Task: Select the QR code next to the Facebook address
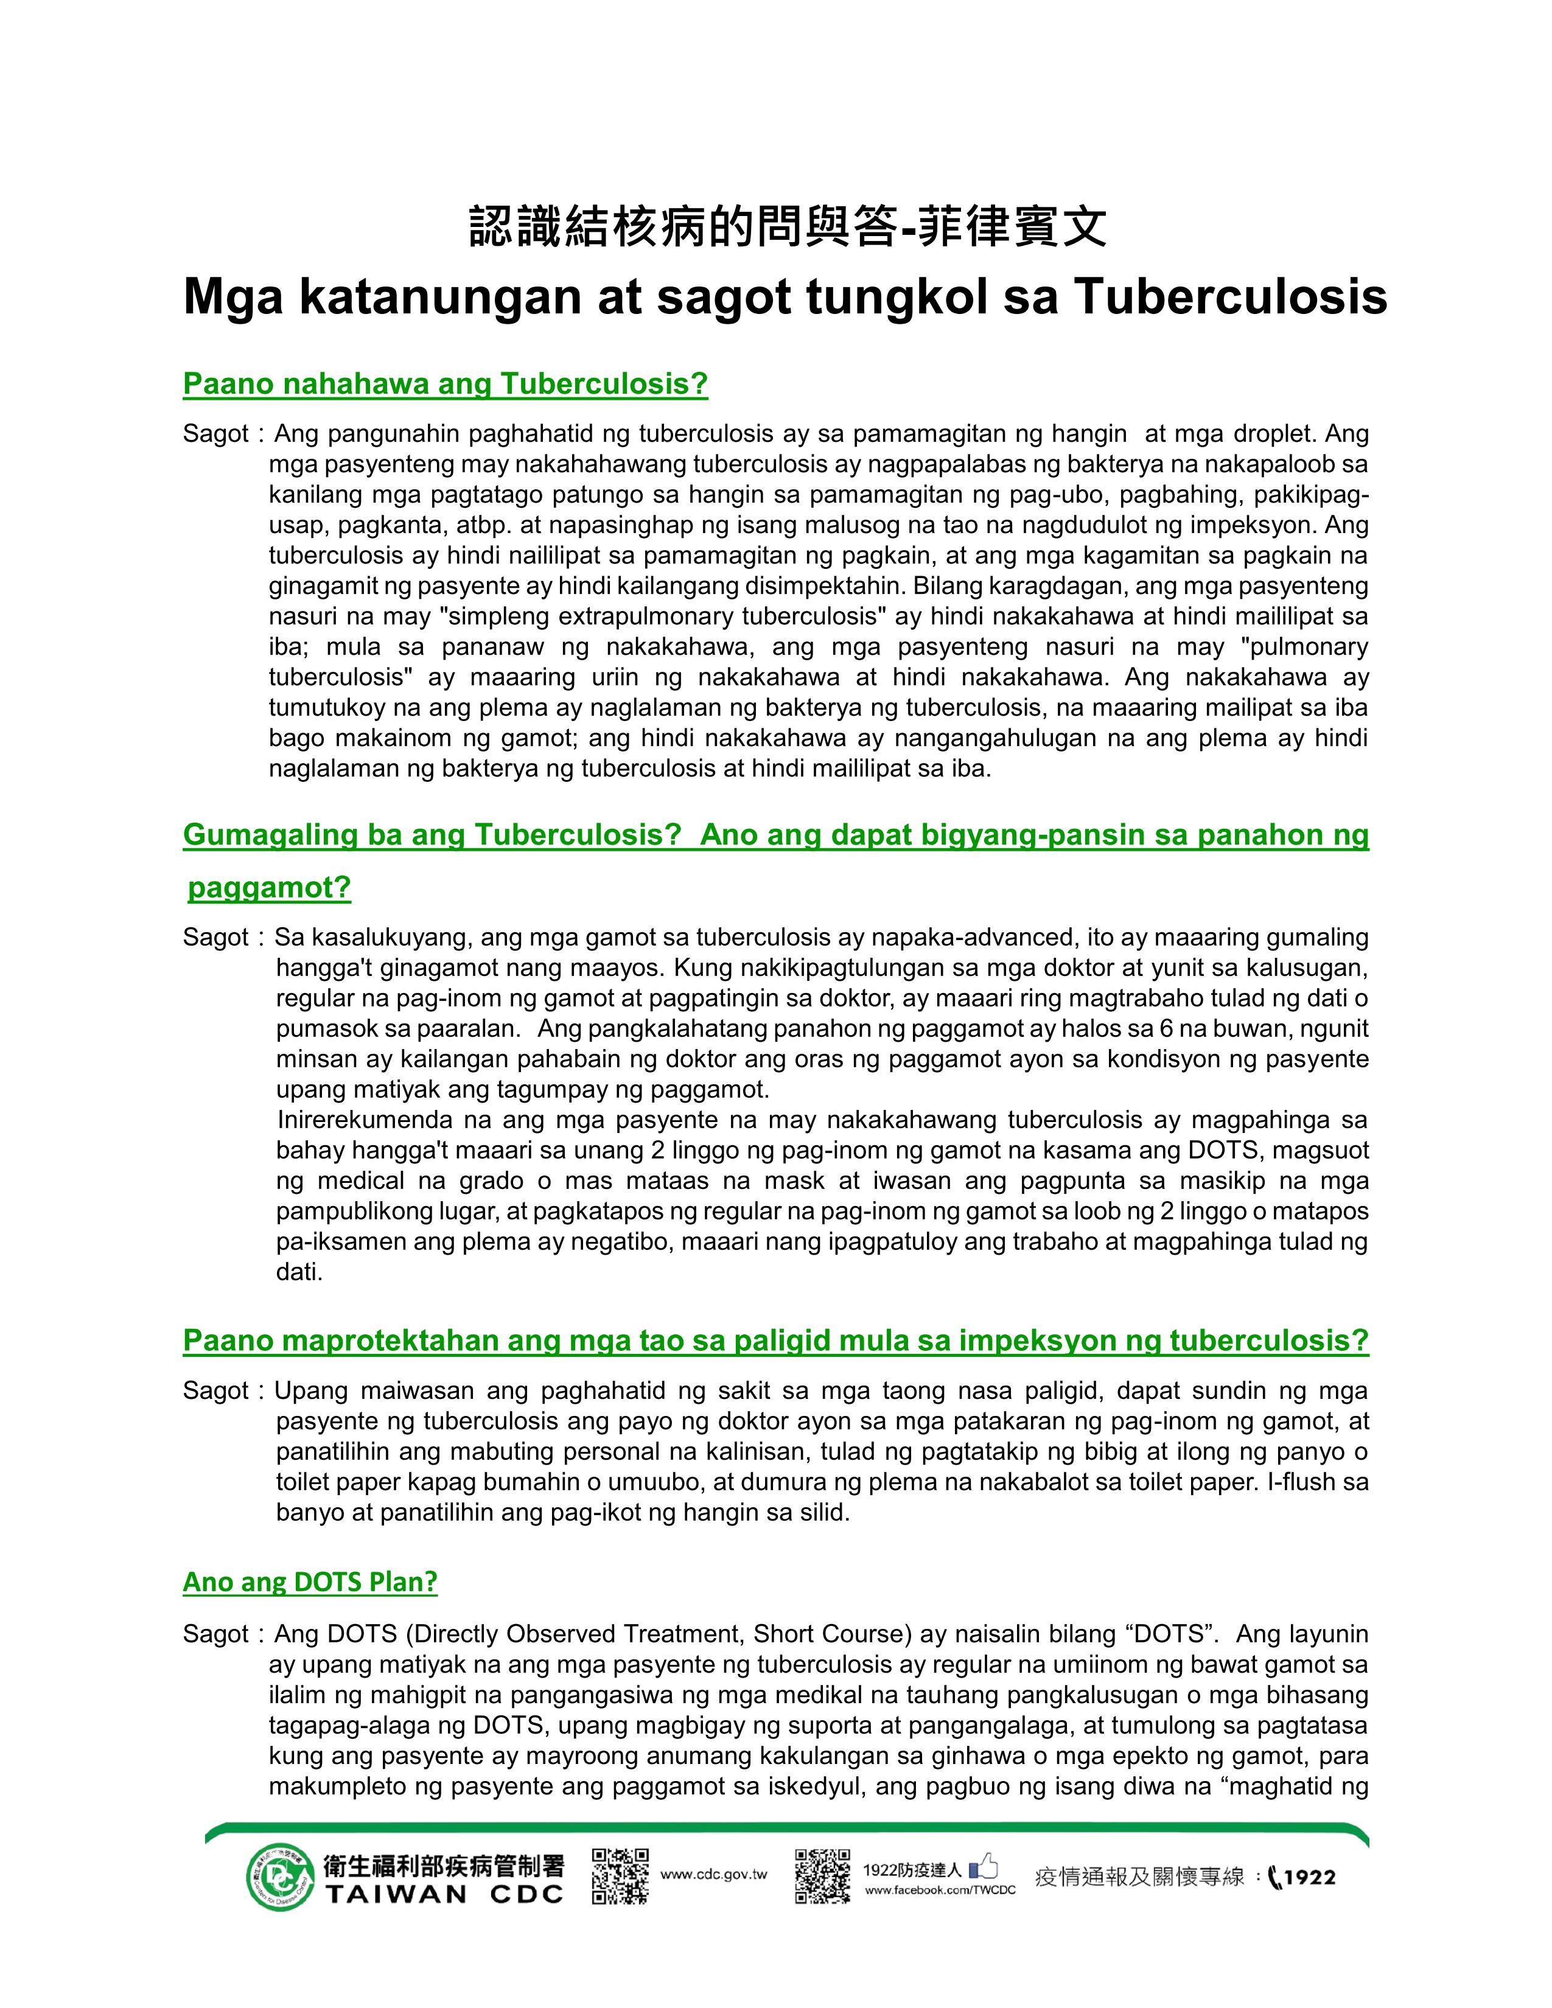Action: pyautogui.click(x=822, y=1875)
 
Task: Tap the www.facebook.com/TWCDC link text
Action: pyautogui.click(x=940, y=1891)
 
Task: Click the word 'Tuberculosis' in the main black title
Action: pyautogui.click(x=1229, y=297)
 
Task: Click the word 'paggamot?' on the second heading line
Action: pyautogui.click(x=270, y=888)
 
